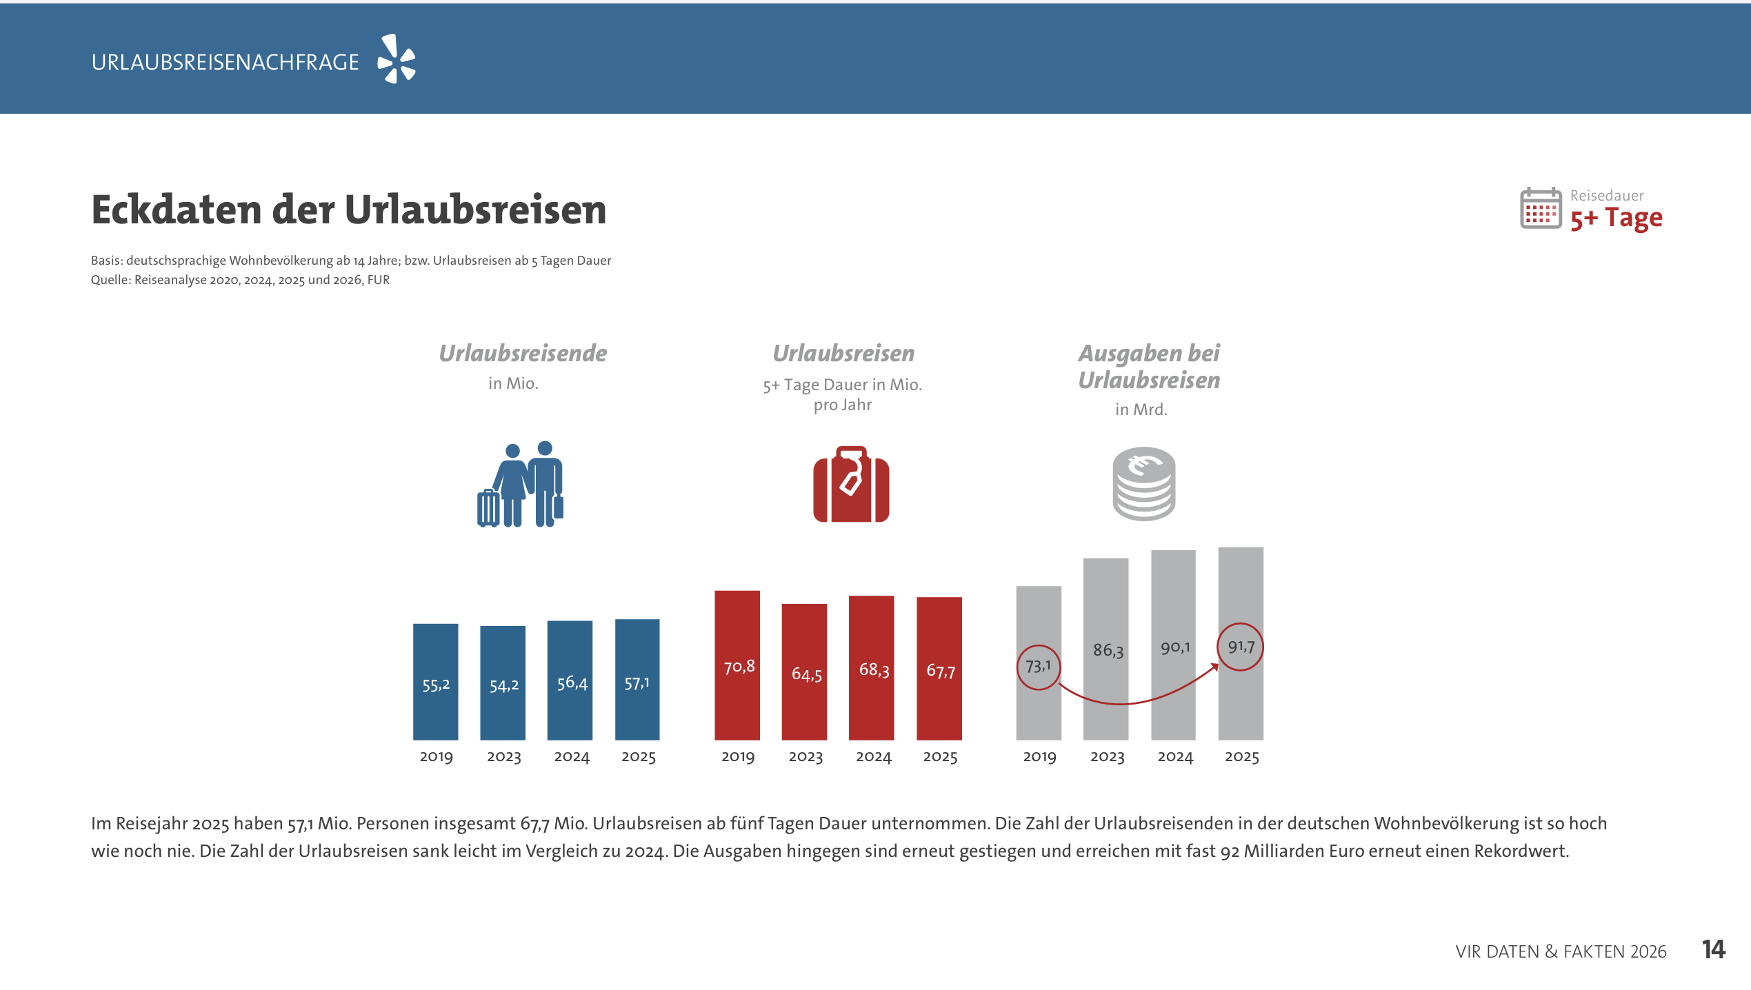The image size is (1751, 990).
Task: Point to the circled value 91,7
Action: coord(1240,647)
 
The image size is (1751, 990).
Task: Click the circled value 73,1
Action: coord(1038,667)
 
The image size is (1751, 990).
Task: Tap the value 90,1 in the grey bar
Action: coord(1174,647)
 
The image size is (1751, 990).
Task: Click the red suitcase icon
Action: coord(851,484)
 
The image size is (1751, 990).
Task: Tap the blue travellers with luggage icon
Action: coord(521,484)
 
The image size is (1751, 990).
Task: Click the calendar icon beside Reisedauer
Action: coord(1540,208)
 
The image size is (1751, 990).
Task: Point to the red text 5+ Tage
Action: coord(1616,219)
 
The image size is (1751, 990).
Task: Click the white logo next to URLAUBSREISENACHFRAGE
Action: coord(397,59)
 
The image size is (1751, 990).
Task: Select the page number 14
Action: coord(1713,949)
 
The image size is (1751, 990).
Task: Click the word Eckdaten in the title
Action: coord(177,210)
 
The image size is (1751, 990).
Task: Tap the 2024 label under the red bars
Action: coord(873,757)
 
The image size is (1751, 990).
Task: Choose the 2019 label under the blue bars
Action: coord(436,757)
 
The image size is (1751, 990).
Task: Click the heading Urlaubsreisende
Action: coord(523,353)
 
